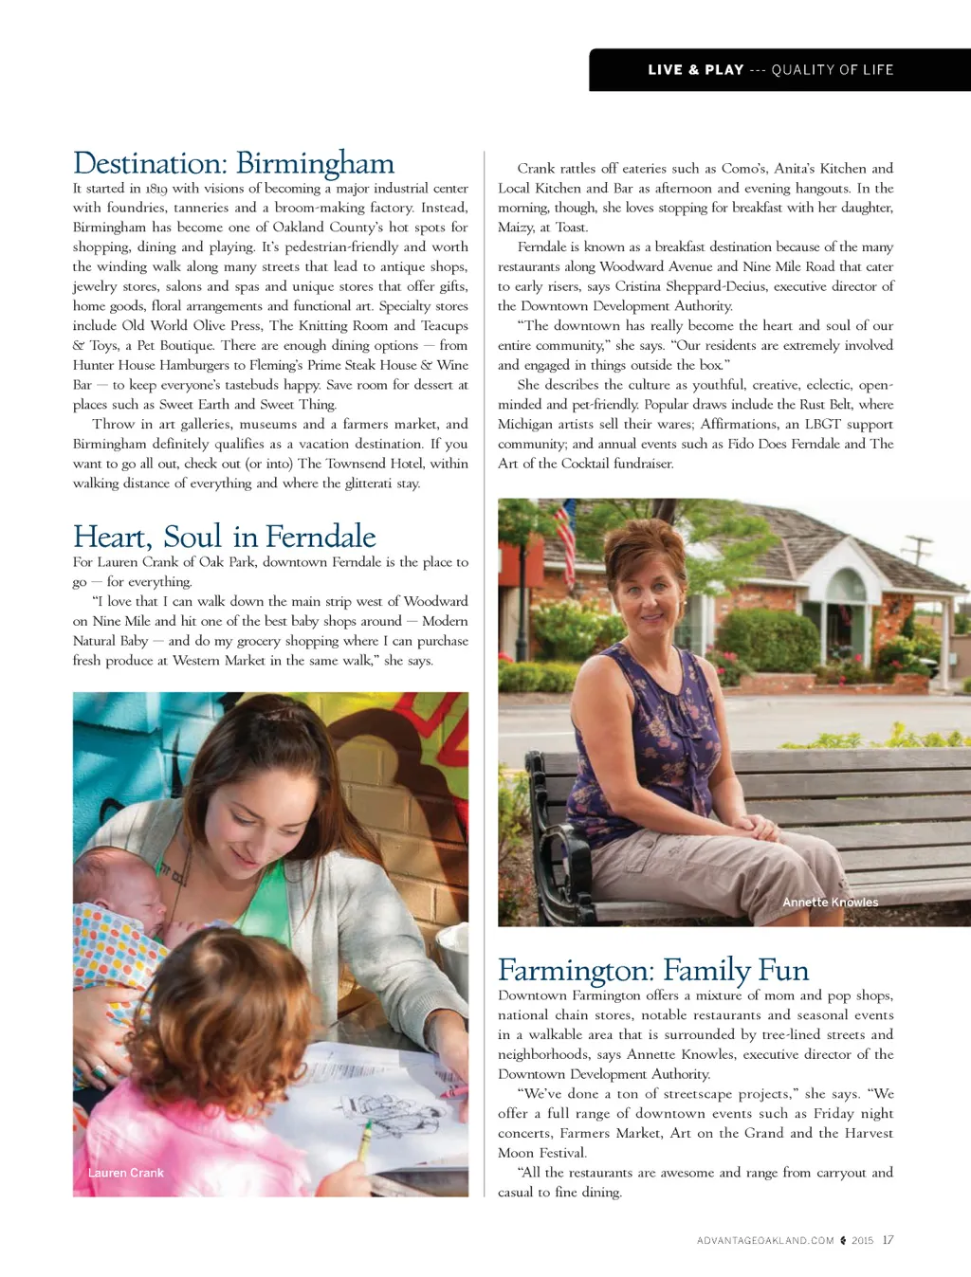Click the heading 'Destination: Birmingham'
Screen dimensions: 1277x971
click(233, 163)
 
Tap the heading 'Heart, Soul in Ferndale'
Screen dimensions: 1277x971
click(224, 537)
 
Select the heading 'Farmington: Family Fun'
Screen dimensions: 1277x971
click(652, 970)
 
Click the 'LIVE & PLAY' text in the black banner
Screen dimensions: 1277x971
click(695, 70)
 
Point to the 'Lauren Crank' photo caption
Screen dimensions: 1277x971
click(125, 1173)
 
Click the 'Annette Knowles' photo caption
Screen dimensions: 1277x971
click(830, 903)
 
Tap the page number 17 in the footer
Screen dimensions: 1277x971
click(888, 1240)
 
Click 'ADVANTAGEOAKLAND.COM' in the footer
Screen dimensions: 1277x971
click(765, 1241)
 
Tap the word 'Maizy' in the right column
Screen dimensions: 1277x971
click(516, 228)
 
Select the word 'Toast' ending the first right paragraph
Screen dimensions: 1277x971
click(571, 228)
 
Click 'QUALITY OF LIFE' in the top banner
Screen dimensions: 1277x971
click(832, 70)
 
